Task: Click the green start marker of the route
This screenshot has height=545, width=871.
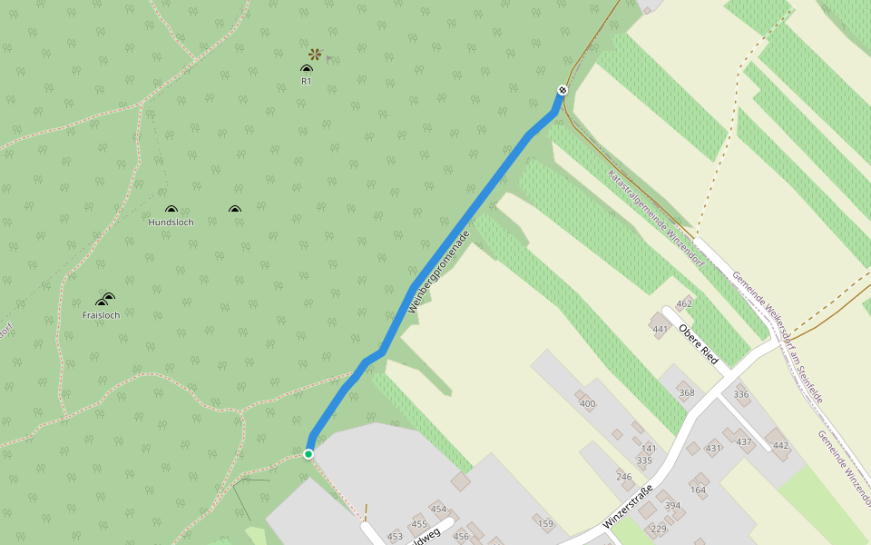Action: click(x=308, y=454)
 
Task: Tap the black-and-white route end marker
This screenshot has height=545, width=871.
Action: click(x=563, y=90)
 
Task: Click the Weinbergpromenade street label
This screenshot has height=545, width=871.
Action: click(x=439, y=272)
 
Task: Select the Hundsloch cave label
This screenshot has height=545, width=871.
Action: click(x=171, y=223)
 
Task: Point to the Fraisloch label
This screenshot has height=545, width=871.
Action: click(x=101, y=315)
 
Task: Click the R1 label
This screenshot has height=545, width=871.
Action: click(x=307, y=82)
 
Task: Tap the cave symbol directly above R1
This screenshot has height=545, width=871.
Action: click(x=307, y=69)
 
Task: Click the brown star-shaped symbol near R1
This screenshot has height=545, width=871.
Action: click(x=315, y=54)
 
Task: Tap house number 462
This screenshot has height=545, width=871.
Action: click(x=684, y=303)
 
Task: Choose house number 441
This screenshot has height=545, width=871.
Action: click(x=661, y=329)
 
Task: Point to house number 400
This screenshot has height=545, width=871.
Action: click(x=587, y=403)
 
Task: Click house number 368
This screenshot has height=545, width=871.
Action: click(x=686, y=392)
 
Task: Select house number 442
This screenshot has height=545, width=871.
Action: click(x=780, y=445)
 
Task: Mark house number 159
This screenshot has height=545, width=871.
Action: click(x=545, y=523)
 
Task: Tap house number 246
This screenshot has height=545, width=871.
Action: click(x=623, y=476)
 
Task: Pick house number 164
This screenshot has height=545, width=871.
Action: click(x=698, y=490)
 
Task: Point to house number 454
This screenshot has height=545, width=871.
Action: click(x=438, y=509)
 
